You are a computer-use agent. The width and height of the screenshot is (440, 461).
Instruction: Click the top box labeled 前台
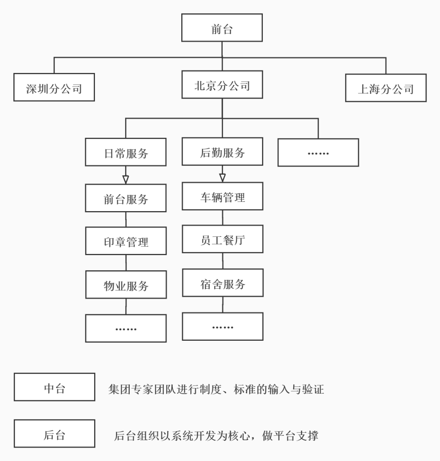coord(222,28)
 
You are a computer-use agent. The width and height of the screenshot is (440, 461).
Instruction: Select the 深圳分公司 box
coord(54,87)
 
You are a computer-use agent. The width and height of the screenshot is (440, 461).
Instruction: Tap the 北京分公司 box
coord(222,84)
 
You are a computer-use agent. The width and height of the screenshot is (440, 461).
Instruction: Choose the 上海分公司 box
coord(385,88)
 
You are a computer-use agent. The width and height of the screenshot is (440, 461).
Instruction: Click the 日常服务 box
coord(125,152)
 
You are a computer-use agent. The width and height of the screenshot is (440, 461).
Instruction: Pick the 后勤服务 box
coord(222,151)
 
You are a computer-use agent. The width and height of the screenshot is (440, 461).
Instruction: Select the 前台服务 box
coord(125,198)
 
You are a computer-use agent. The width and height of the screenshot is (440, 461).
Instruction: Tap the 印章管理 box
coord(126,241)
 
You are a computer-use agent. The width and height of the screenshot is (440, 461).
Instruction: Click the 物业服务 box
coord(126,285)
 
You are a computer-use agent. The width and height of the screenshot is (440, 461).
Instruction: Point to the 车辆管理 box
coord(222,196)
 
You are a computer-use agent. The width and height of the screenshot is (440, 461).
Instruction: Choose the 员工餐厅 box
coord(222,239)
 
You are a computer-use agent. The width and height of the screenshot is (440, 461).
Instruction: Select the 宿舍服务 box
coord(222,282)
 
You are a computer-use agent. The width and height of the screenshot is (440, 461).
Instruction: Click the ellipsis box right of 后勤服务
coord(318,152)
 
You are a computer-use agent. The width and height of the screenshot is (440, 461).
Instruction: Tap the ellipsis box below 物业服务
coord(126,328)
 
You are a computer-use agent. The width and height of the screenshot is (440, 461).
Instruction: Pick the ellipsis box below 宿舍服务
coord(222,326)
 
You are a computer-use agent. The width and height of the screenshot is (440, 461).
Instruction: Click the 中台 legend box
coord(54,387)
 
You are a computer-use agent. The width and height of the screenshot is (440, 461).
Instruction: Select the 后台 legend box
coord(54,434)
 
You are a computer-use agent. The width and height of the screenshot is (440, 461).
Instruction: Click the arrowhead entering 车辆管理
coord(222,178)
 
